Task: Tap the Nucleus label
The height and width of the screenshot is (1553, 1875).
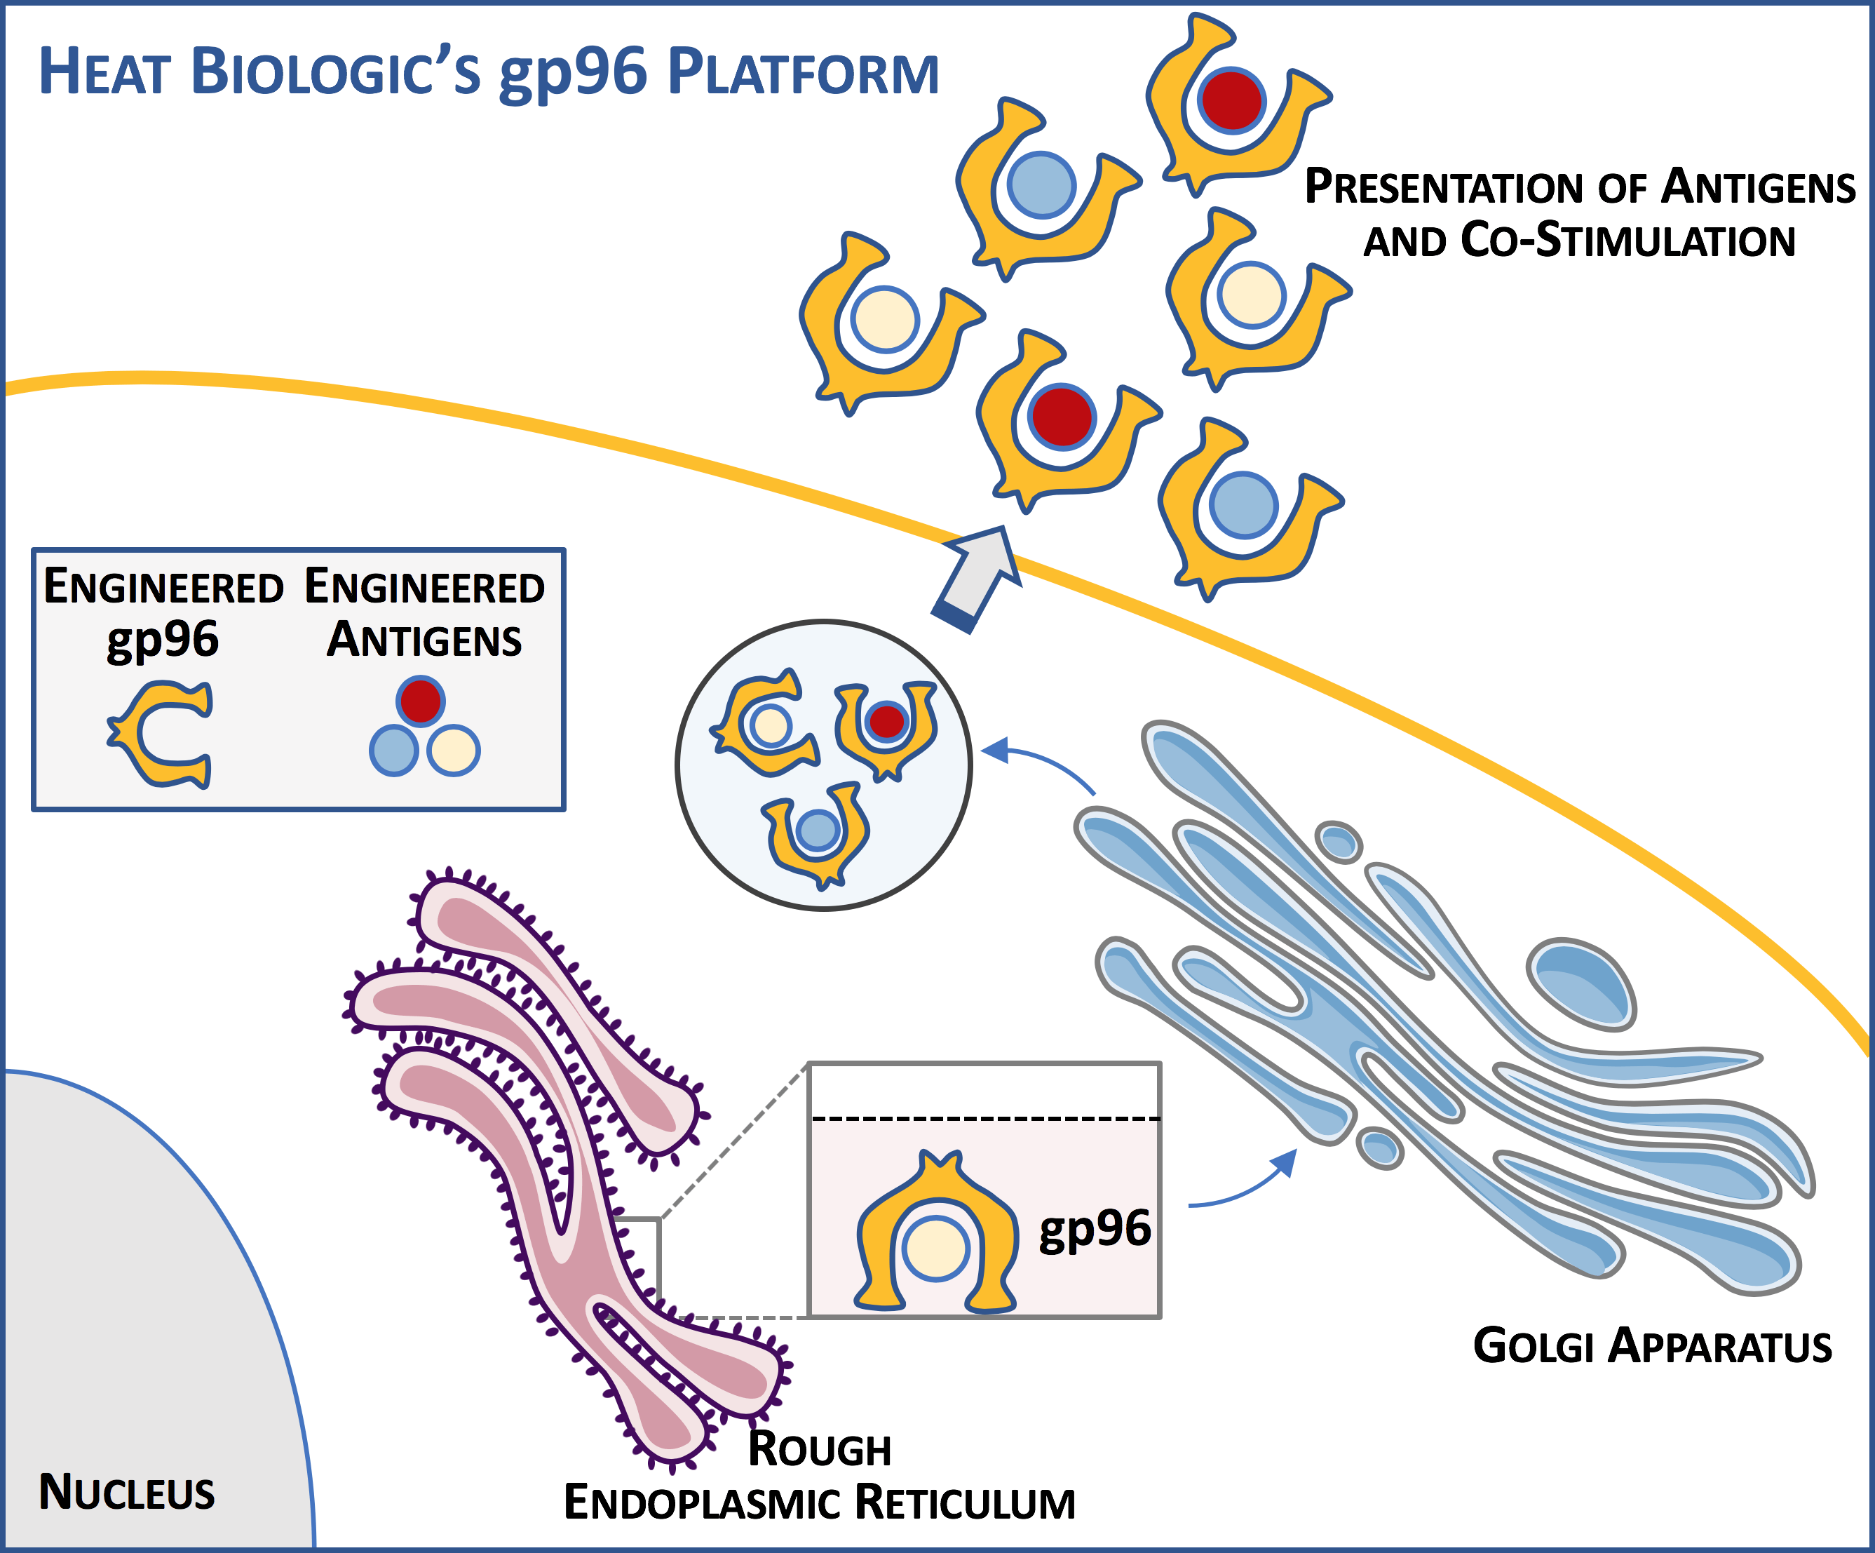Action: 127,1492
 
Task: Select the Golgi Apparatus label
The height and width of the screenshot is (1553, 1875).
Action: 1652,1346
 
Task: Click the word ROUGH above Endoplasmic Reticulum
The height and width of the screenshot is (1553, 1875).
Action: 820,1448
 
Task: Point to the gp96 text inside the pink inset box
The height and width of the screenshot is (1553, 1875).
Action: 1095,1230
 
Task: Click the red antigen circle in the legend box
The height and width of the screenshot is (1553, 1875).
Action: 421,699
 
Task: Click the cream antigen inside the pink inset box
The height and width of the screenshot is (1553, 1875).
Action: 935,1249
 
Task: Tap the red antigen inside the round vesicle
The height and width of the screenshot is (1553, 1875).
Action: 886,720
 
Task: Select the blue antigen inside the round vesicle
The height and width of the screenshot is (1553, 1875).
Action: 817,830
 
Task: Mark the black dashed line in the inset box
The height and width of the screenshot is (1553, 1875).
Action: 984,1118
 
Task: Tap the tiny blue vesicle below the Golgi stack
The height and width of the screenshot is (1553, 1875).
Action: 1379,1148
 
